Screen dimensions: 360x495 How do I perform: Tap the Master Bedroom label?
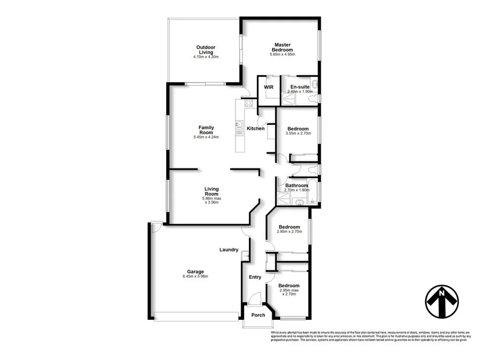coord(283,48)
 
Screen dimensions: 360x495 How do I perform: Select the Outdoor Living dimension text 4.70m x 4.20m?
coord(206,57)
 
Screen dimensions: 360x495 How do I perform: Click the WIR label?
coord(269,87)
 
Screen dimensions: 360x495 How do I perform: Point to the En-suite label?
coord(299,87)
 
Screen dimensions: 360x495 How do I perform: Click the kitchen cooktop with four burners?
coord(248,103)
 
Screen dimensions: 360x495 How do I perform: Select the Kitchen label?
coord(256,129)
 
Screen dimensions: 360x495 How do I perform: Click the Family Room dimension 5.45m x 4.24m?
coord(206,137)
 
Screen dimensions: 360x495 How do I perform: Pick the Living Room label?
coord(212,191)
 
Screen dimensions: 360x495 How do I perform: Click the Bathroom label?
coord(297,186)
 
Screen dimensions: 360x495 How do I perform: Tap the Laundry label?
coord(229,250)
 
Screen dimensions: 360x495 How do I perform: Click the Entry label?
coord(255,277)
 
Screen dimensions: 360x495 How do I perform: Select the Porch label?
coord(258,315)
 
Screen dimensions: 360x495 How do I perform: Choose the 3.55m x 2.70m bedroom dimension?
coord(297,134)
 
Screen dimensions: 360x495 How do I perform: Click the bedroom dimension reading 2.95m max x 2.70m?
coord(289,292)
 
